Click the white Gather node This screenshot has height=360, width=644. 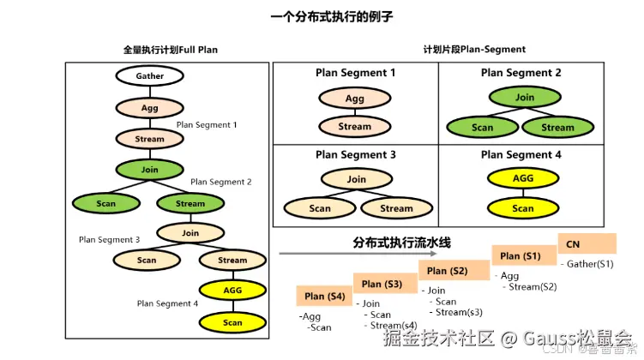[x=149, y=76]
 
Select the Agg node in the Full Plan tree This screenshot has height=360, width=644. [x=149, y=108]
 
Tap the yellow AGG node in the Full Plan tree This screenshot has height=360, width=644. [x=232, y=291]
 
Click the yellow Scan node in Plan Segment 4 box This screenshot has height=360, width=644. [x=522, y=208]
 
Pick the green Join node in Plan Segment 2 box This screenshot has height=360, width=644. [x=524, y=98]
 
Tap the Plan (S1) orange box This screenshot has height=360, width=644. [x=520, y=255]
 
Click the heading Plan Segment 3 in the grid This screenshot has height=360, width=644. [x=355, y=155]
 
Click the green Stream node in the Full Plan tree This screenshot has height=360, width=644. [x=190, y=204]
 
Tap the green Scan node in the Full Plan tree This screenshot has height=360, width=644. [x=105, y=204]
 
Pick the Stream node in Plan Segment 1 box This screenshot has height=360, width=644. [x=354, y=127]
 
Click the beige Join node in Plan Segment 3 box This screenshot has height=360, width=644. [x=356, y=179]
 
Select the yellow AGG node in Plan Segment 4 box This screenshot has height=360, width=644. [x=522, y=179]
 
